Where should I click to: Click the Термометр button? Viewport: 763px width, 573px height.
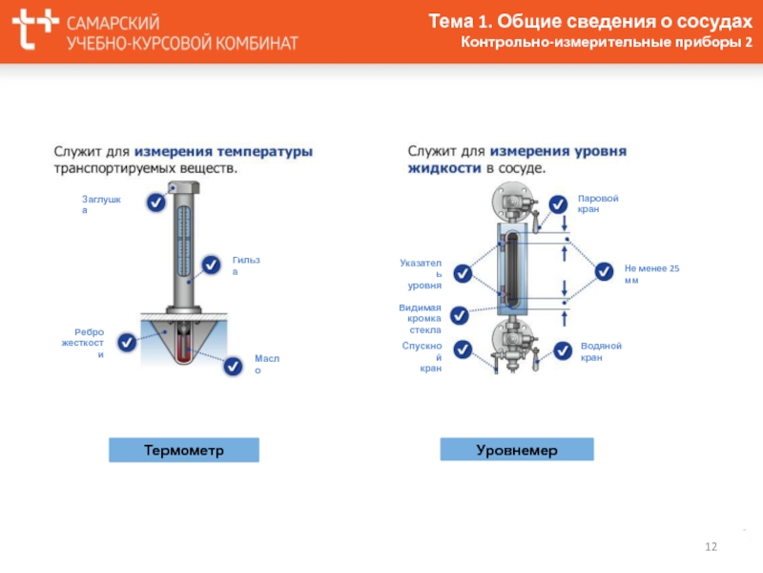pyautogui.click(x=184, y=450)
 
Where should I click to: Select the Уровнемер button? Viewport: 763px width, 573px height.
pyautogui.click(x=517, y=449)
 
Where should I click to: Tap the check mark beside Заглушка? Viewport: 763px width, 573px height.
pyautogui.click(x=155, y=202)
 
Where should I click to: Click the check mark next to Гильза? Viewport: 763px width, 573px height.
pyautogui.click(x=211, y=265)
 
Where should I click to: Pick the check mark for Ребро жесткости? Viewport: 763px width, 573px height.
pyautogui.click(x=127, y=343)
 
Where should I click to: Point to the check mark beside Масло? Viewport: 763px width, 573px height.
pyautogui.click(x=233, y=366)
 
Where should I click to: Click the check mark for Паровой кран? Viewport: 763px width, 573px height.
pyautogui.click(x=558, y=204)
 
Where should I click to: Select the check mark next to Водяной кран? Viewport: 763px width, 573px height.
pyautogui.click(x=563, y=350)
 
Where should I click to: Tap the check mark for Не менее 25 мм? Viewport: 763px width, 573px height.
pyautogui.click(x=604, y=271)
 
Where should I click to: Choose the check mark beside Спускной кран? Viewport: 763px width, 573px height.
pyautogui.click(x=463, y=350)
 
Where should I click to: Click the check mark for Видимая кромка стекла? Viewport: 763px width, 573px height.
pyautogui.click(x=460, y=316)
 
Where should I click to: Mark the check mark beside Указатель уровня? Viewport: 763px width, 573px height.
pyautogui.click(x=463, y=273)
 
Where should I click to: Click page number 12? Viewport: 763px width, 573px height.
pyautogui.click(x=711, y=546)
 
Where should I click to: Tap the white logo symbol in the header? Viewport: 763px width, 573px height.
pyautogui.click(x=35, y=29)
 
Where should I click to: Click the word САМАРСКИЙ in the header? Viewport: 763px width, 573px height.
pyautogui.click(x=113, y=22)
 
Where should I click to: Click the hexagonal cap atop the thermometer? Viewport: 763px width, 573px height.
pyautogui.click(x=184, y=187)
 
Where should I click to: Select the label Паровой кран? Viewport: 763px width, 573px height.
pyautogui.click(x=598, y=203)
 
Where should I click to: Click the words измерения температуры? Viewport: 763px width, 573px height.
pyautogui.click(x=223, y=152)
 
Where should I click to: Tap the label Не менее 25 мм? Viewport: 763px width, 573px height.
pyautogui.click(x=651, y=274)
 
